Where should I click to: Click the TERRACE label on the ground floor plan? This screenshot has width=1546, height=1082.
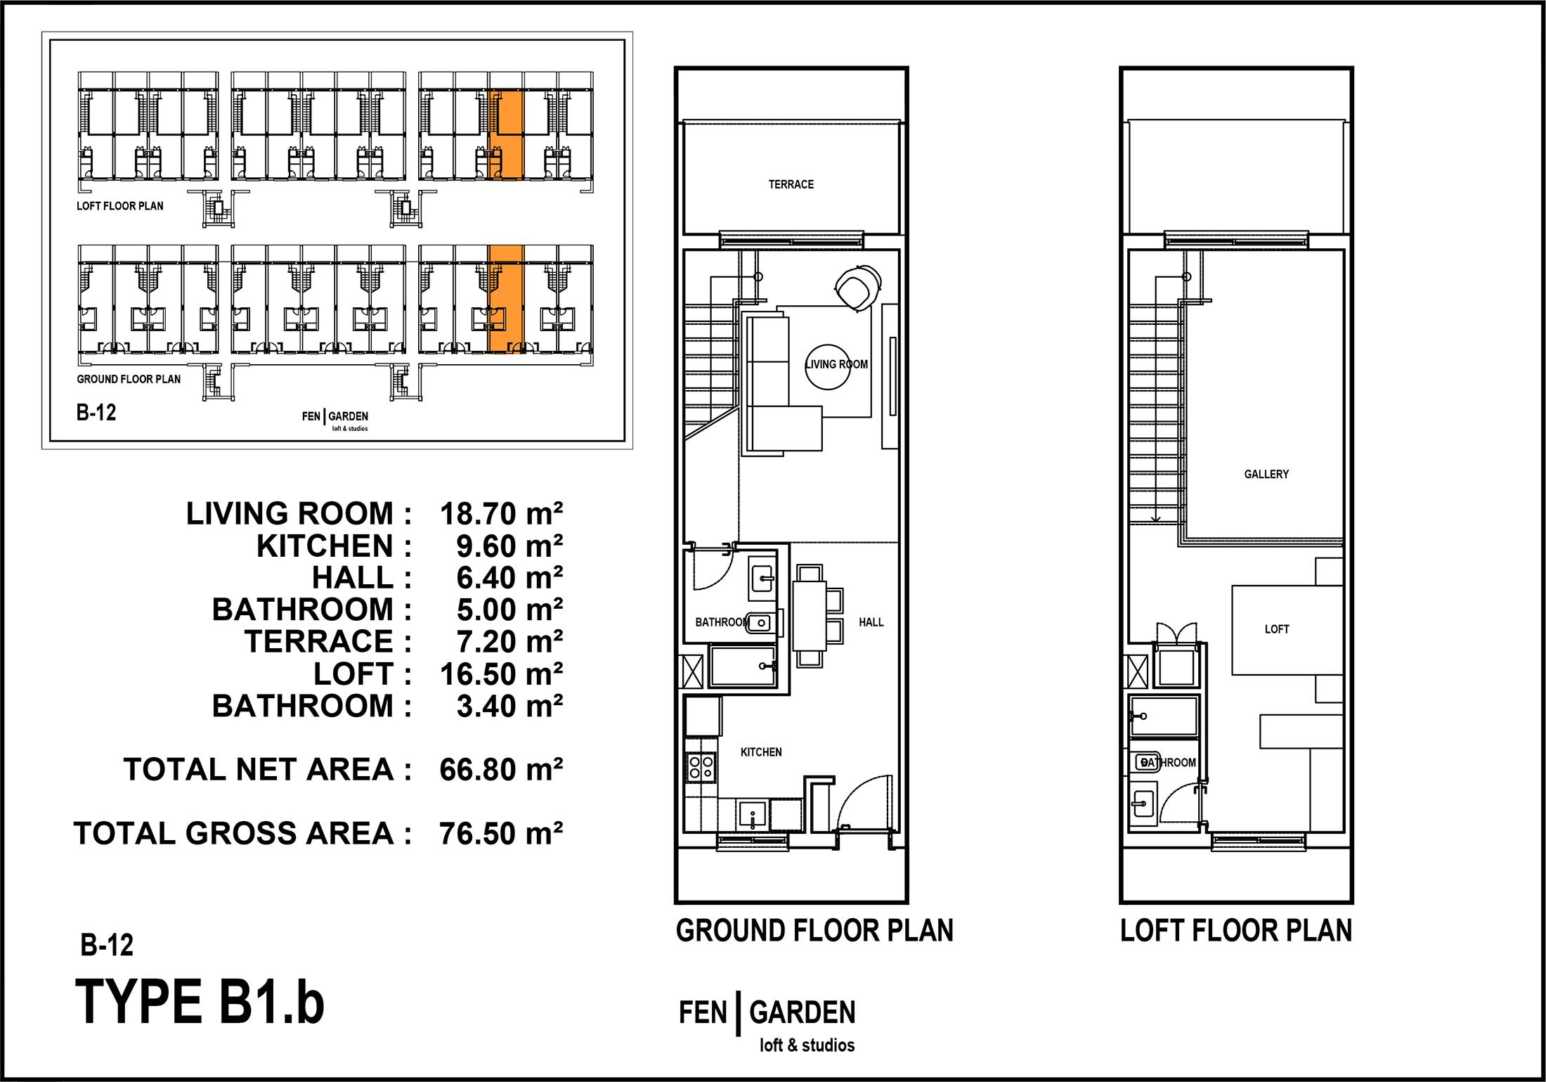pos(791,184)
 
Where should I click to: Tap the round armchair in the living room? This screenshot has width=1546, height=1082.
pos(857,288)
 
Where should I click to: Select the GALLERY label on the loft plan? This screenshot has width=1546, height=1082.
pos(1266,474)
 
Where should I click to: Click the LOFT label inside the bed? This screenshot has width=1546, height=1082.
pos(1277,629)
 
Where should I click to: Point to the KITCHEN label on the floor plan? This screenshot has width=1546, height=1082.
pos(761,752)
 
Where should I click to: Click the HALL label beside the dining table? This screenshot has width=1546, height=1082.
pos(871,622)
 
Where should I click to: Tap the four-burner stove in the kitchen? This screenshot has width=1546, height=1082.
pos(701,766)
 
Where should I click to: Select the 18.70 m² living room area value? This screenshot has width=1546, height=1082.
pos(501,514)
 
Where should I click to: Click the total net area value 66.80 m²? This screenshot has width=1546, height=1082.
pos(501,770)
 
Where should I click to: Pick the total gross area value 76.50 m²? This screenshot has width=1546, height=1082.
pos(501,834)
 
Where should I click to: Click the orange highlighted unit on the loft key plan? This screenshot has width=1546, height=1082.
pos(506,134)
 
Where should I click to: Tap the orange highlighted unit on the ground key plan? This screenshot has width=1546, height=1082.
pos(506,300)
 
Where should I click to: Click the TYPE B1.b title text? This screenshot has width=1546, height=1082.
pos(200,1002)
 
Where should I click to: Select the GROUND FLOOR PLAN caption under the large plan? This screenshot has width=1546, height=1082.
pos(814,931)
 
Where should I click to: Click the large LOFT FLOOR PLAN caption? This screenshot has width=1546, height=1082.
pos(1236,931)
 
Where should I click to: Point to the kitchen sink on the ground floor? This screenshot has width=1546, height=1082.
pos(753,816)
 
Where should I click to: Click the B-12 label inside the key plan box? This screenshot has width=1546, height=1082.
pos(96,412)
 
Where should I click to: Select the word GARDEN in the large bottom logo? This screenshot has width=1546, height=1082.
pos(803,1013)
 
